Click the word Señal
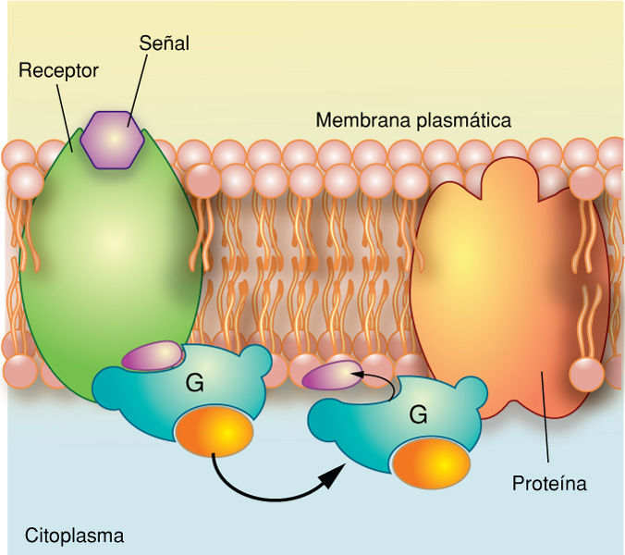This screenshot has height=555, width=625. (x=164, y=43)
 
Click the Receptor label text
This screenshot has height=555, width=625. (x=58, y=70)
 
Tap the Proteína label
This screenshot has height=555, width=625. (x=549, y=483)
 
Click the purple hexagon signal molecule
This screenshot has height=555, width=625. (x=112, y=138)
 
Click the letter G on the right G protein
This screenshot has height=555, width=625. (x=418, y=415)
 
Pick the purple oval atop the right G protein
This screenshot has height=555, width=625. (x=330, y=375)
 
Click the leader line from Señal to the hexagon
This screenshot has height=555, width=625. (x=139, y=85)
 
